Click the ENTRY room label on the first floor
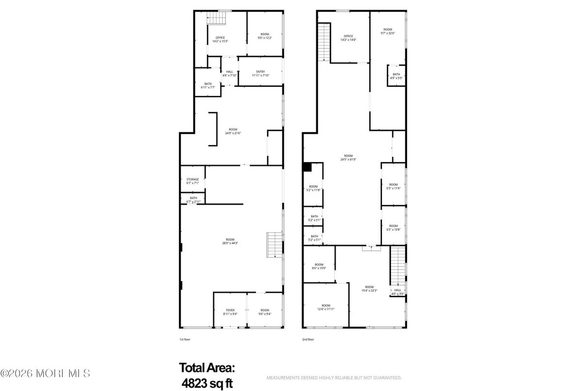(x=260, y=73)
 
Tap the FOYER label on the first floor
(x=230, y=312)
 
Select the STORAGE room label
(x=193, y=181)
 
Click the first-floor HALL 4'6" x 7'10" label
(x=229, y=73)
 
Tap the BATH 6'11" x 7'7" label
(x=208, y=86)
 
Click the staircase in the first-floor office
(x=218, y=18)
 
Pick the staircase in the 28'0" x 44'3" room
(x=275, y=245)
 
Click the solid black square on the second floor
(x=307, y=167)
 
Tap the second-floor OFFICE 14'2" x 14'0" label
(x=348, y=38)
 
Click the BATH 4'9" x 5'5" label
(x=396, y=76)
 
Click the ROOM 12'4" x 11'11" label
(x=326, y=307)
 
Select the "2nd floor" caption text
(x=308, y=339)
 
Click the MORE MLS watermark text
(x=45, y=373)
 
